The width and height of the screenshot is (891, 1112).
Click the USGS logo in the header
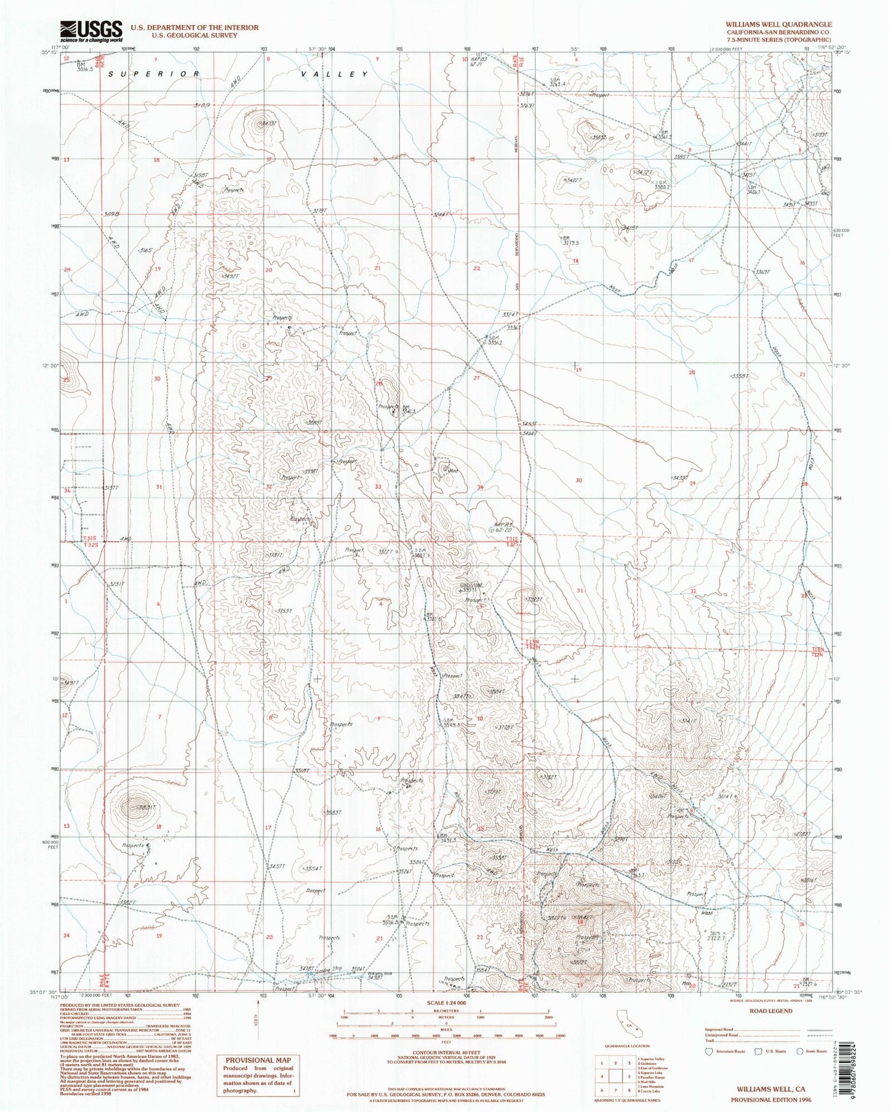tap(90, 30)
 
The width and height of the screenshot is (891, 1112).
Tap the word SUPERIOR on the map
tap(155, 74)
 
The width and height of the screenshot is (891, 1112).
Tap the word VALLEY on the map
tap(339, 74)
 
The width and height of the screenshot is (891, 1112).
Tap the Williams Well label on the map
tap(380, 974)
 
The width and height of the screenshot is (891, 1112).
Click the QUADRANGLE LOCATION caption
tap(627, 1047)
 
